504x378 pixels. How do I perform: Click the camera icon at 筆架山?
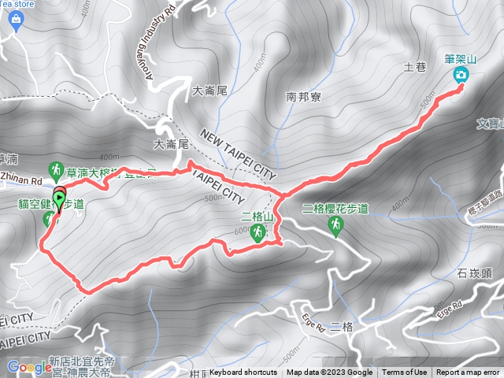(x=461, y=76)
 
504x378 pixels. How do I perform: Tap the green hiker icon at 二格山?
(x=257, y=232)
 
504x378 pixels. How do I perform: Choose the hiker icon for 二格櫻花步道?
(x=335, y=226)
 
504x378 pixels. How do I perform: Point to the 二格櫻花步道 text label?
(x=335, y=209)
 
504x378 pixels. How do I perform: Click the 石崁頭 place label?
(x=473, y=273)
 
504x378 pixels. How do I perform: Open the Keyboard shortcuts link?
(x=243, y=372)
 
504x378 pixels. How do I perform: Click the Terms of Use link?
(x=405, y=372)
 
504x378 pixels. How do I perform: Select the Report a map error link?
(x=468, y=372)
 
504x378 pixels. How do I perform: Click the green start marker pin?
(x=59, y=196)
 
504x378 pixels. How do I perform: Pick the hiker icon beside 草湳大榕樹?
(x=56, y=169)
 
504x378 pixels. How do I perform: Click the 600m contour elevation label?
(x=242, y=231)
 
